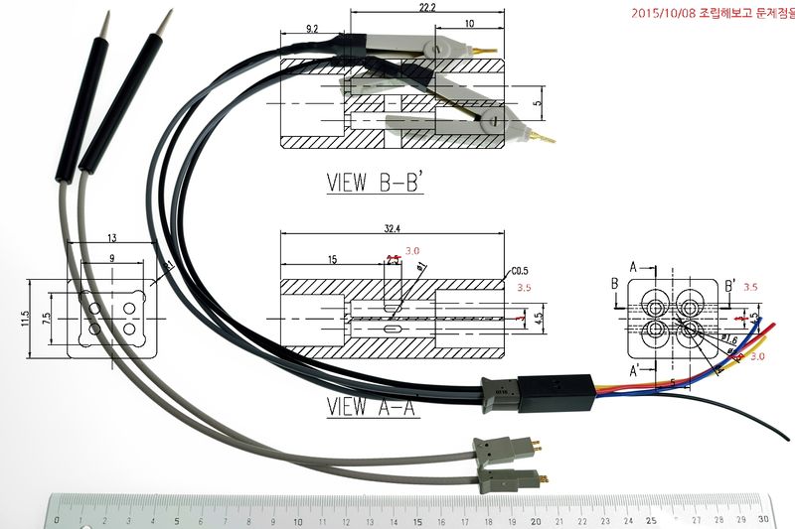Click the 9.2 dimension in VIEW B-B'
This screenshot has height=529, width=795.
312,30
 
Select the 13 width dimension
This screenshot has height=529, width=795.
111,238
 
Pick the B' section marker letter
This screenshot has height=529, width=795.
729,286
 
